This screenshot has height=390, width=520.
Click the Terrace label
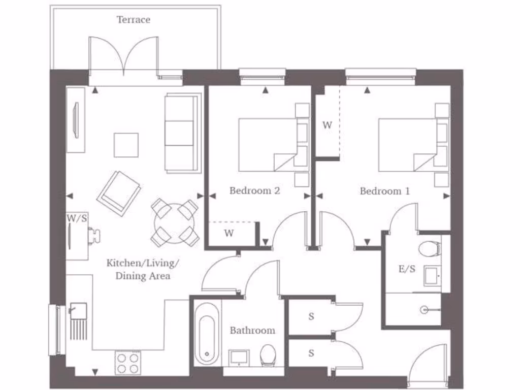point(134,20)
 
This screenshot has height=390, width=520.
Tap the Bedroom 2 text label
point(254,191)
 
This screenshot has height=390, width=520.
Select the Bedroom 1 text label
point(384,191)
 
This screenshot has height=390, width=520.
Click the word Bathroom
point(252,331)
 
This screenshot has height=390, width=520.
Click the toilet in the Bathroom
point(267,354)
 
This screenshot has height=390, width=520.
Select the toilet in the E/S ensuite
point(430,249)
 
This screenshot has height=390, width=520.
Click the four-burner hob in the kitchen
point(128,363)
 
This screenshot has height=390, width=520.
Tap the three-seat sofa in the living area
point(181,133)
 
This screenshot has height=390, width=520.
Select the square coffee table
point(126,145)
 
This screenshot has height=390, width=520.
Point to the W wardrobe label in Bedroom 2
point(229,234)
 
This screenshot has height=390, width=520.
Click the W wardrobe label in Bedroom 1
point(327,124)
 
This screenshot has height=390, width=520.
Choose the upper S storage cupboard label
point(311,316)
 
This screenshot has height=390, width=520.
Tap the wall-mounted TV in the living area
point(76,120)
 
